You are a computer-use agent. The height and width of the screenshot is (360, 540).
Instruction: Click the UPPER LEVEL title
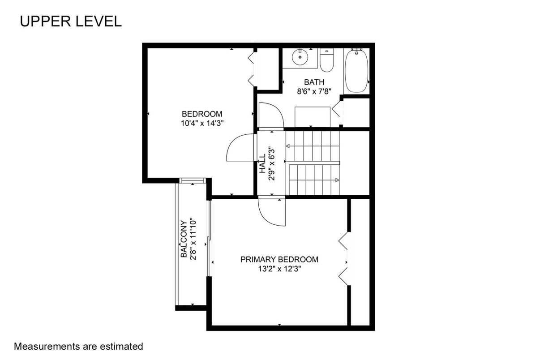71,21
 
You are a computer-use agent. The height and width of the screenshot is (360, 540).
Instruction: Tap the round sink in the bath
300,57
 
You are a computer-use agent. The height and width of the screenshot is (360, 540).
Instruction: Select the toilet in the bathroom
327,60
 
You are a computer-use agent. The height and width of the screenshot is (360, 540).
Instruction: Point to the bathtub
356,71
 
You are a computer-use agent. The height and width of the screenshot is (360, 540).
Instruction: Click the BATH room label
314,82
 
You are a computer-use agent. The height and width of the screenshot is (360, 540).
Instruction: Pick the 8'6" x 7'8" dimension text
314,91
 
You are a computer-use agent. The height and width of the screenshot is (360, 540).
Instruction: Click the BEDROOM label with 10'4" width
202,114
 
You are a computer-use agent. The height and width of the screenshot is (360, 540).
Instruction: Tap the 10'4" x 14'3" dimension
202,124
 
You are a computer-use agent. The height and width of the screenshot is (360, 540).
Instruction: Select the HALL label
262,163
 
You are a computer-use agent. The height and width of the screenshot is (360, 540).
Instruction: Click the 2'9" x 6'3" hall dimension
272,163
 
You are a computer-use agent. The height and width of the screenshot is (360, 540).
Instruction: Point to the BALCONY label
184,239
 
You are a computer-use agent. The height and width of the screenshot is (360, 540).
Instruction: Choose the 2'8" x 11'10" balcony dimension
193,239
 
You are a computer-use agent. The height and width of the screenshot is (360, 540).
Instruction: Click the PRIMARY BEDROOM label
279,259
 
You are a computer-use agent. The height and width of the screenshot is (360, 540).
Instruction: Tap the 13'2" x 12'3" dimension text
280,269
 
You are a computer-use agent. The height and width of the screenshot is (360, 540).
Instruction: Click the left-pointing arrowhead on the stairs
288,146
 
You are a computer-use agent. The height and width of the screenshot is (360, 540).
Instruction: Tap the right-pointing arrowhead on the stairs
337,180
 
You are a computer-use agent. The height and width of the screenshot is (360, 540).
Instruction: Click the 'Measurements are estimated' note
78,347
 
